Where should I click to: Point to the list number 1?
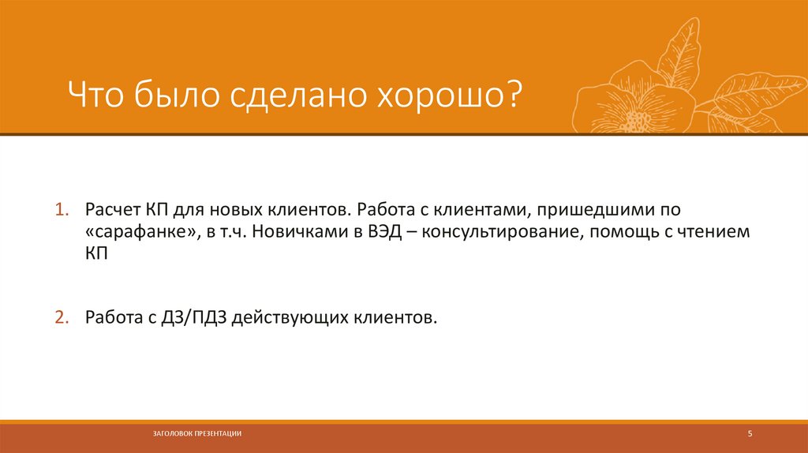click(59, 212)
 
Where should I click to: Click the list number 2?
click(59, 317)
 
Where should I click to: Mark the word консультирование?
click(478, 234)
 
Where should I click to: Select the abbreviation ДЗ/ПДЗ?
click(182, 317)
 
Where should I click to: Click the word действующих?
click(287, 317)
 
